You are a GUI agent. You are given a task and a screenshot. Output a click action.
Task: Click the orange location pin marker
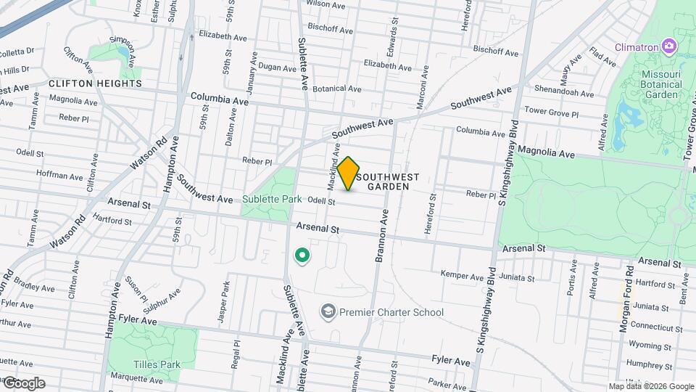pos(349,173)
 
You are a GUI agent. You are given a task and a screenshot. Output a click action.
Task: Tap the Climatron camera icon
pos(668,47)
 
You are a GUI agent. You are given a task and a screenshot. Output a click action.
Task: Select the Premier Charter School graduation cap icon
pos(328,312)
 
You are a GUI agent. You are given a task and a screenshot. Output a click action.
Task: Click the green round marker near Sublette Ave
pos(301,256)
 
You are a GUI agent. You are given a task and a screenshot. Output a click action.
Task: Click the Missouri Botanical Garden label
pos(661,84)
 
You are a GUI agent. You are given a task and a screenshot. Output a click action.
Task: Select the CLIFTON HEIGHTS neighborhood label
pos(96,83)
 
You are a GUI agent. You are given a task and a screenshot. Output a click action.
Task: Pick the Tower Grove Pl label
pos(551,113)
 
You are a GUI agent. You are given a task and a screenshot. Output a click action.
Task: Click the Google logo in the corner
pos(24,383)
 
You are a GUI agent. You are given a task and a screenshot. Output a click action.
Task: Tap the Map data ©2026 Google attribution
pos(651,386)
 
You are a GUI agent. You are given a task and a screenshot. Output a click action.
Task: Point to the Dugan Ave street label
pos(278,68)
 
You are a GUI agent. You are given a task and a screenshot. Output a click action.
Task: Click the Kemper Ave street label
pos(463,276)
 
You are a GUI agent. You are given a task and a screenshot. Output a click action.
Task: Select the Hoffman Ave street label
pos(59,176)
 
